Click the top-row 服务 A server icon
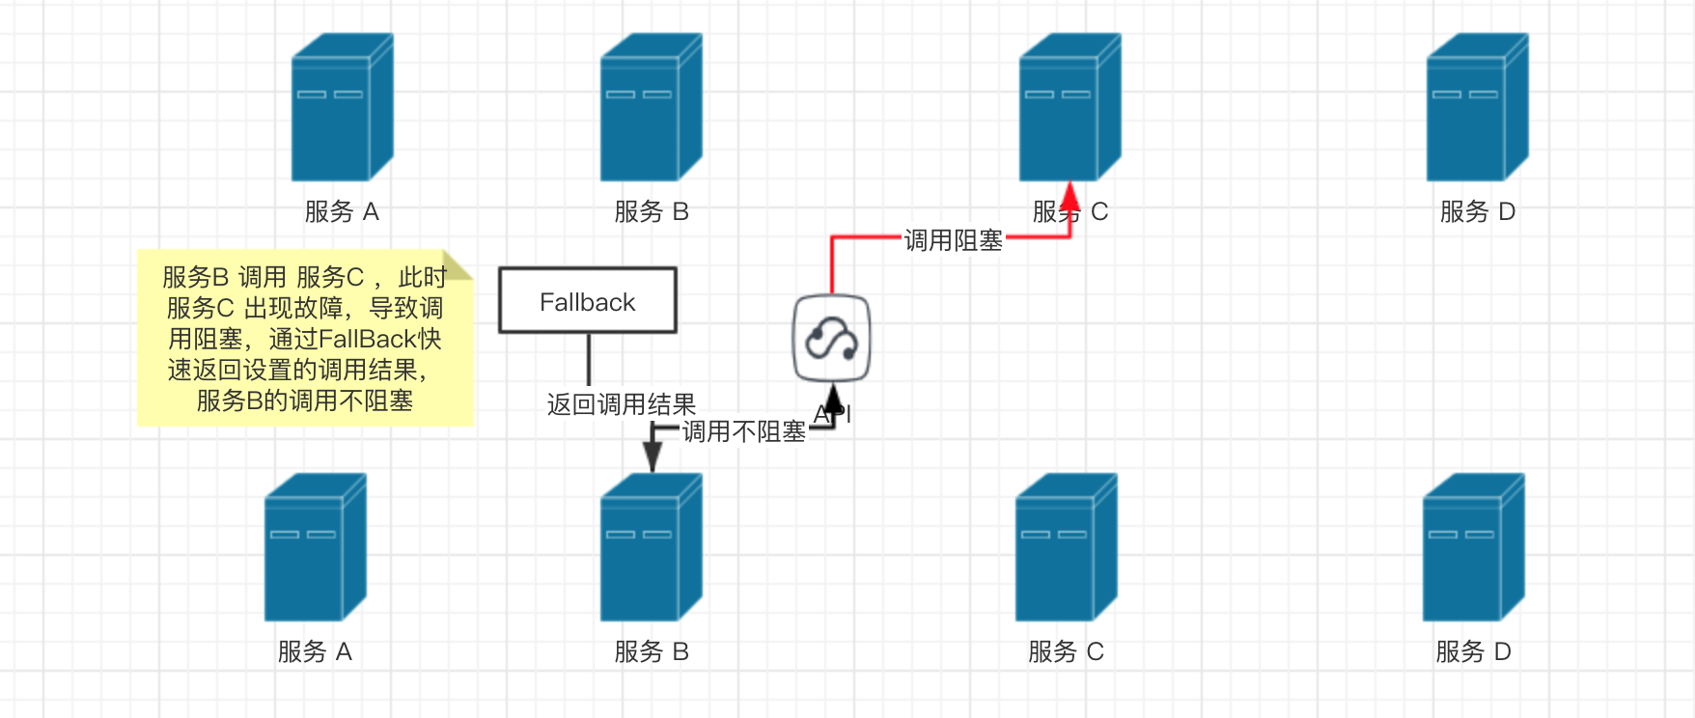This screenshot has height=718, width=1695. [x=342, y=107]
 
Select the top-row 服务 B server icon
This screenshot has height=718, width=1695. [x=651, y=107]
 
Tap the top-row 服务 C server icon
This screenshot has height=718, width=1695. [x=1070, y=107]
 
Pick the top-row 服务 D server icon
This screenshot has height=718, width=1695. [x=1477, y=107]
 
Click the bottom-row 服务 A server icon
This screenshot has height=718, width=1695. [x=315, y=547]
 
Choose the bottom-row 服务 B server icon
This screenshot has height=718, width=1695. [x=651, y=547]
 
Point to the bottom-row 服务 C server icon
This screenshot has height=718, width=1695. [x=1066, y=547]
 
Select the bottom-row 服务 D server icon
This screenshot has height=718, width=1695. [x=1473, y=547]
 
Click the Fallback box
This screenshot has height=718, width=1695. [x=587, y=301]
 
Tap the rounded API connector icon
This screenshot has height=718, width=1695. [x=831, y=339]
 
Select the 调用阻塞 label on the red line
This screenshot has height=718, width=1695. [x=953, y=240]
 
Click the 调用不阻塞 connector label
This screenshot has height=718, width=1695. [x=743, y=431]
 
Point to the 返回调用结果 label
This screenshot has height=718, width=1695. [x=621, y=404]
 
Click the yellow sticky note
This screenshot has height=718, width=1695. [x=304, y=338]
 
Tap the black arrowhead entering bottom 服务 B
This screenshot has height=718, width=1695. [x=653, y=459]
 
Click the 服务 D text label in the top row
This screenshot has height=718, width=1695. [x=1477, y=211]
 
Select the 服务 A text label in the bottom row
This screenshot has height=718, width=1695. [x=315, y=651]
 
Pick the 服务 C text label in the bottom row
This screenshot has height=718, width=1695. [x=1066, y=651]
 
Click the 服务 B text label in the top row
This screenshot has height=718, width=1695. [x=651, y=211]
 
